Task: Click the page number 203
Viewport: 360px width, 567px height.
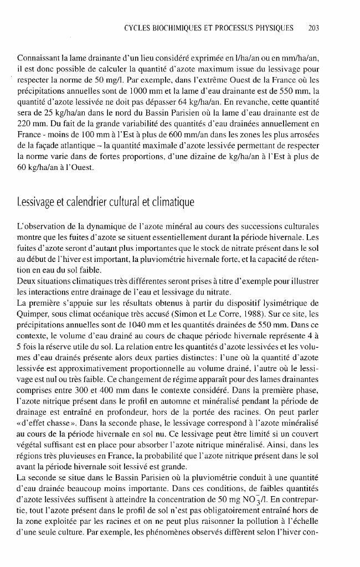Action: click(314, 28)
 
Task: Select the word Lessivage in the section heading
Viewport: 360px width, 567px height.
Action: click(39, 203)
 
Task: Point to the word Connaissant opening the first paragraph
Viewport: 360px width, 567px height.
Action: click(38, 58)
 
